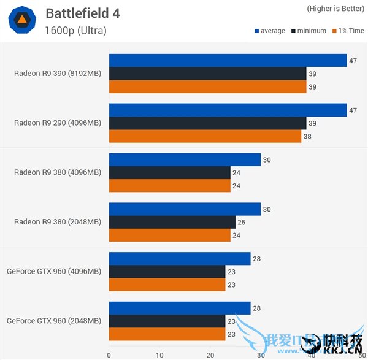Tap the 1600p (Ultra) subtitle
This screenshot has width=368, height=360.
coord(75,30)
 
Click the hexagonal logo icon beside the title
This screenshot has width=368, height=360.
coord(21,20)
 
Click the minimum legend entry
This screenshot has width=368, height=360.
coord(312,31)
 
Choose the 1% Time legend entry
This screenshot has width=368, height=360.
coord(348,31)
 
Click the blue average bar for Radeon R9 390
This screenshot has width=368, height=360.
coord(228,60)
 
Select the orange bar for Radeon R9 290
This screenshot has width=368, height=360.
coord(205,136)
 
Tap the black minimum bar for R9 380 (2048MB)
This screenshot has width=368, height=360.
coord(172,221)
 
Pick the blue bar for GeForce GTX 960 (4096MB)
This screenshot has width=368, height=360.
coord(180,259)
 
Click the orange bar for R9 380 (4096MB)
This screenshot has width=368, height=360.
coord(169,186)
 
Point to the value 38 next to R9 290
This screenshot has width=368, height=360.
coord(307,136)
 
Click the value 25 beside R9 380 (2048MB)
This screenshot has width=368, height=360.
coord(242,221)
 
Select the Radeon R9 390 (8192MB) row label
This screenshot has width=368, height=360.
coord(58,74)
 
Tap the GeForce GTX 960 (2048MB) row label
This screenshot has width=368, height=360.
coord(54,320)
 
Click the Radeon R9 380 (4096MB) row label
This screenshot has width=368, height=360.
coord(58,172)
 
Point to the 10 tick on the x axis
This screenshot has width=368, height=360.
coord(159,354)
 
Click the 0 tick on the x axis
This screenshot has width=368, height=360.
coord(109,354)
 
